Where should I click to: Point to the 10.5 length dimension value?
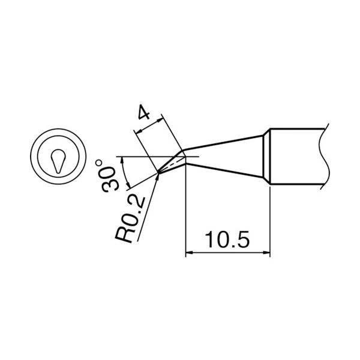226,241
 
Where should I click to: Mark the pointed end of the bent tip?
157,174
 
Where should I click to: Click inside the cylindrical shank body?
297,157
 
